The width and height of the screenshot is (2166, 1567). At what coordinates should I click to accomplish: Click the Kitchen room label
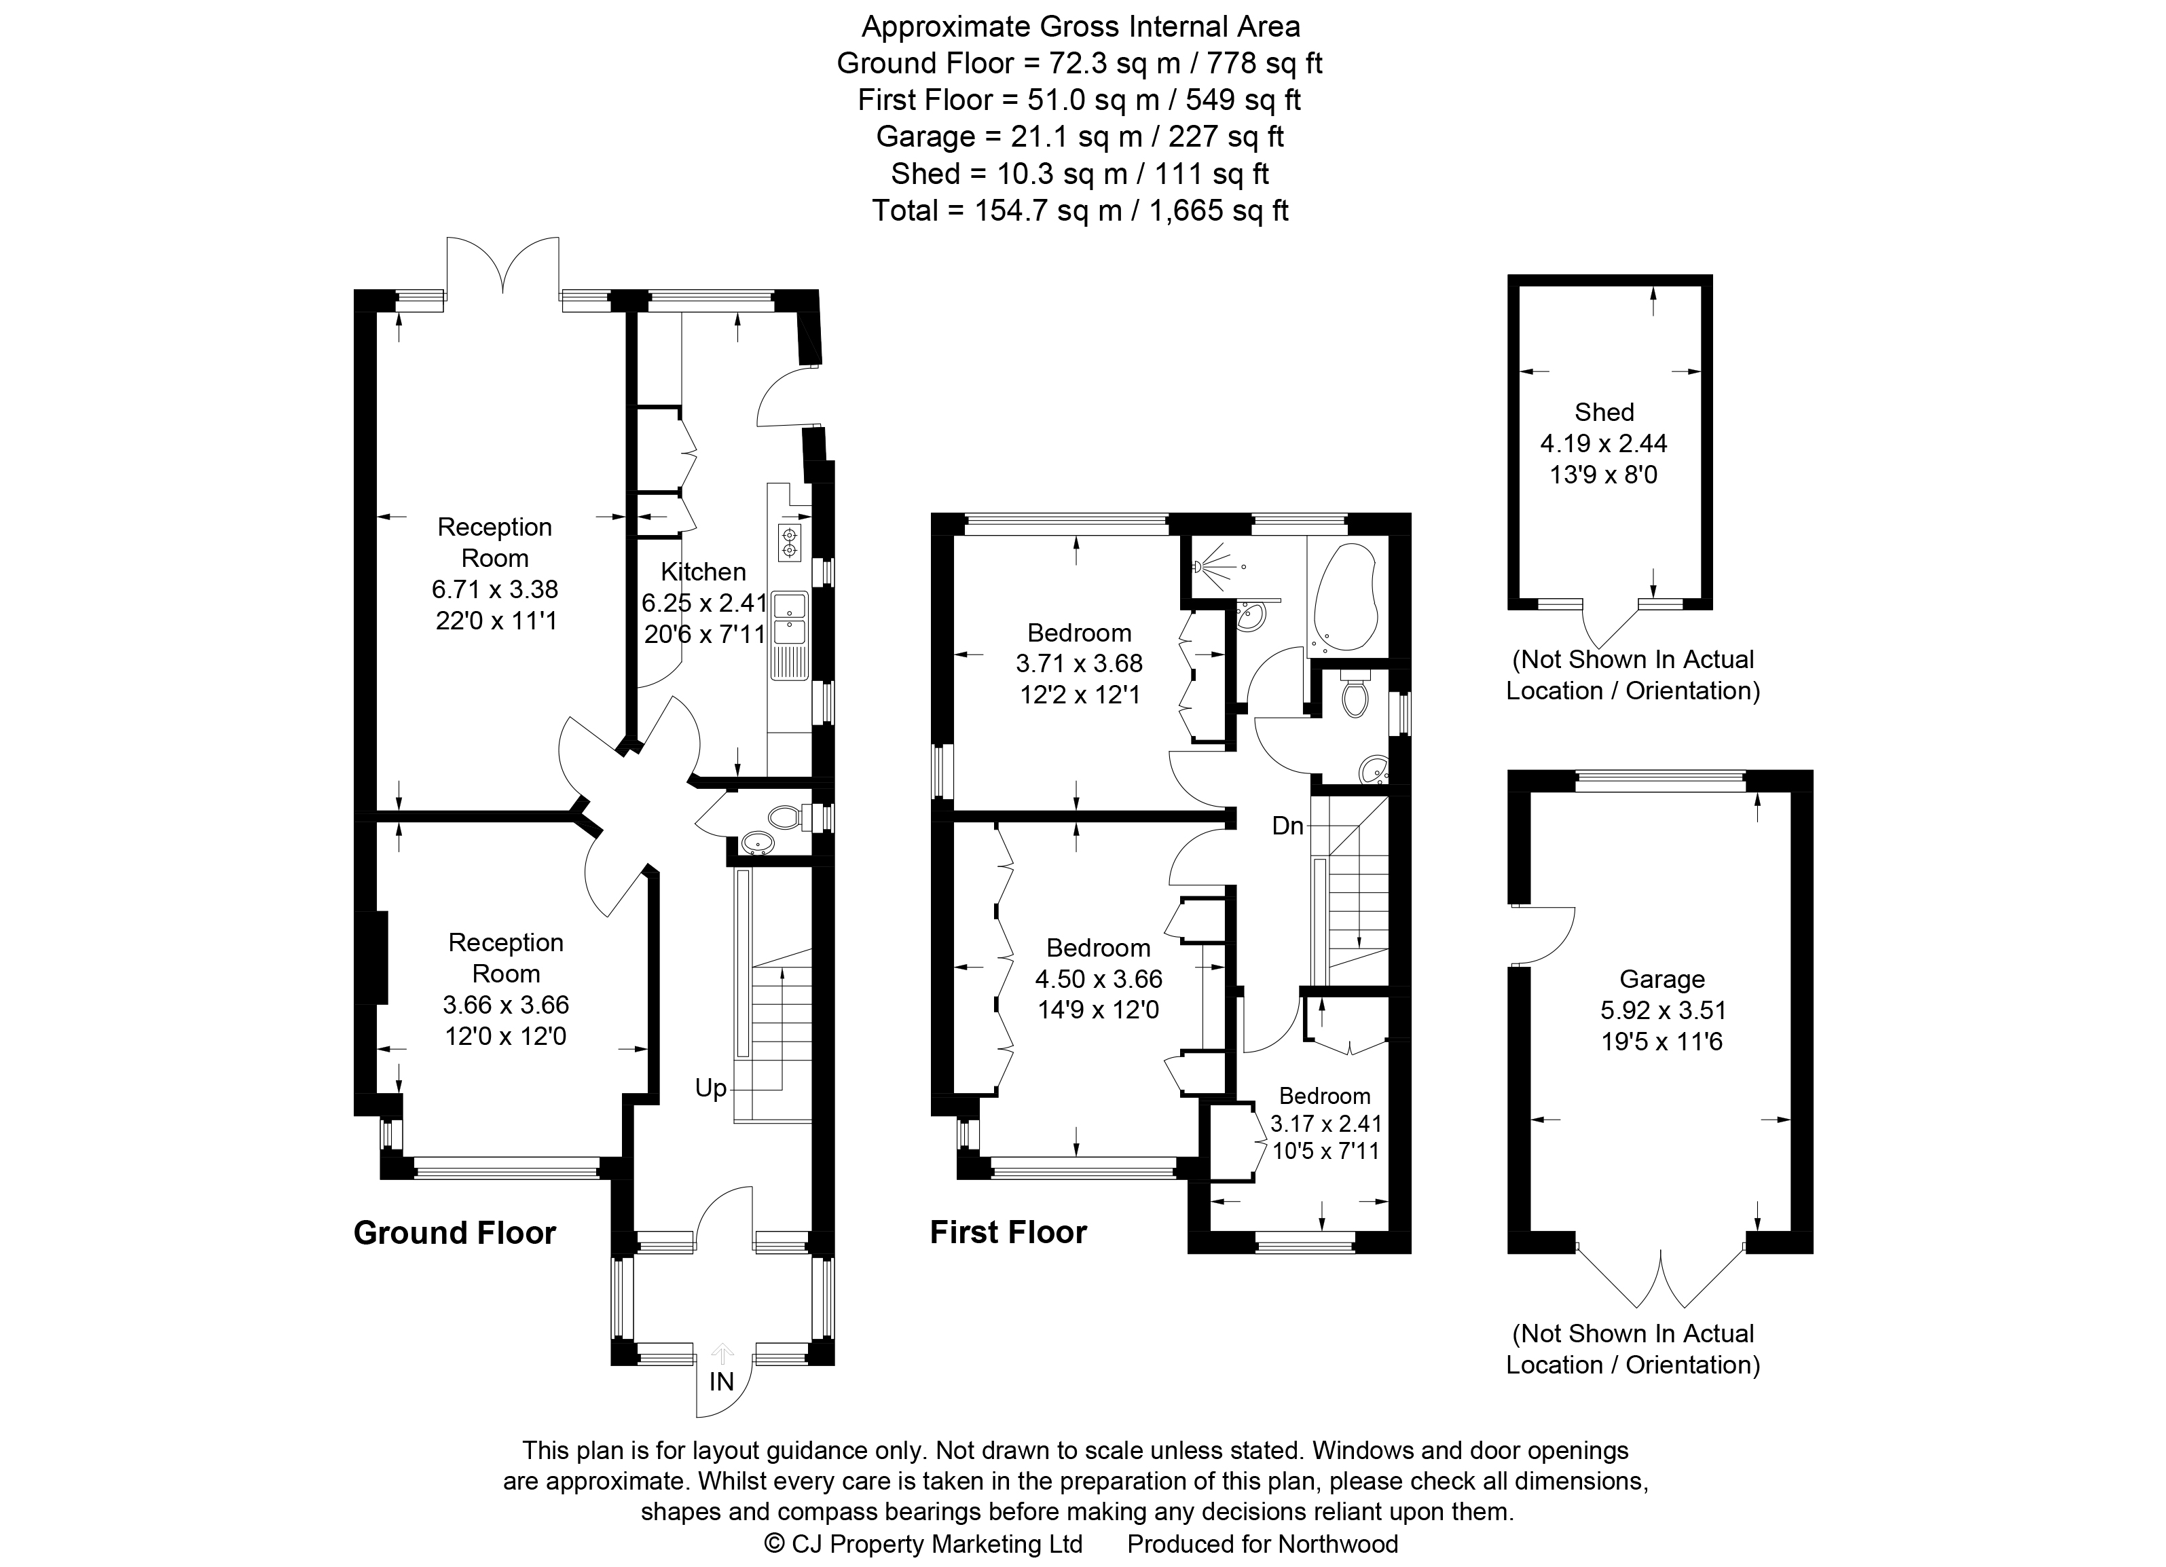coord(703,572)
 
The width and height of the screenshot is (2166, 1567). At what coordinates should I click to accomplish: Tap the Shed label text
coord(1604,413)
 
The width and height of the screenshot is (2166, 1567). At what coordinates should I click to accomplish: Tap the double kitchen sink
coord(791,619)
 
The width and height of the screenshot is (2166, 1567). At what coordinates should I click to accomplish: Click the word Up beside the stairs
coord(710,1088)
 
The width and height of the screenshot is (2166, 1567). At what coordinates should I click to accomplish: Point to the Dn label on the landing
coord(1287,826)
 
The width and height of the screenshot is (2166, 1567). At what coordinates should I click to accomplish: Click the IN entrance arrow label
coord(722,1381)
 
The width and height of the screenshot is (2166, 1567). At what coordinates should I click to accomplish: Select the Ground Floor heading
coord(455,1233)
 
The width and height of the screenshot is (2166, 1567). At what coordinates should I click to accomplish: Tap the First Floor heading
coord(1008,1233)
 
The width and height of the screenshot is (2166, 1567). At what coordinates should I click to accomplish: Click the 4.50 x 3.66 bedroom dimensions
coord(1099,979)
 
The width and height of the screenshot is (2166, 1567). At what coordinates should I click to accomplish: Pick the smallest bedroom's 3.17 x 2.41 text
coord(1325,1124)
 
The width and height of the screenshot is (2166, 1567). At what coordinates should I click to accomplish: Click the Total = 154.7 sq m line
coord(1080,210)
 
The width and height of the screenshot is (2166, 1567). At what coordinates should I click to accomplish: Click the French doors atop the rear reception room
coord(502,268)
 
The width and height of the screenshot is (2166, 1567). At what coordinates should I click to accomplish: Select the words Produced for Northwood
coord(1262,1544)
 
